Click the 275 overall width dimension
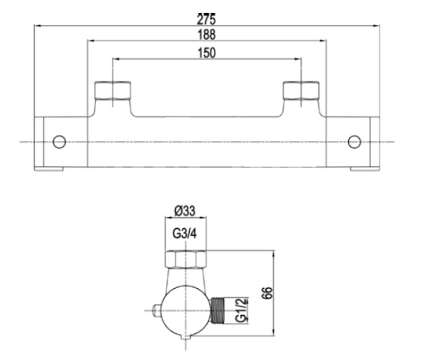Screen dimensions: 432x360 click(x=206, y=19)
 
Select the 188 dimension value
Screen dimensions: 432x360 click(x=207, y=35)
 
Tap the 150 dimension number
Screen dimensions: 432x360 click(x=207, y=53)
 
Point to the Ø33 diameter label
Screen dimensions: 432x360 click(x=185, y=211)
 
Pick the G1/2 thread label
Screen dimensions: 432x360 click(x=241, y=310)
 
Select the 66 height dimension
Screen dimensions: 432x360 click(x=267, y=293)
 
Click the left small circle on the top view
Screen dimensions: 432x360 click(x=59, y=142)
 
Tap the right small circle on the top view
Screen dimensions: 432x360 click(x=354, y=142)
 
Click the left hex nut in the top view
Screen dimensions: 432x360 click(x=113, y=91)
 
